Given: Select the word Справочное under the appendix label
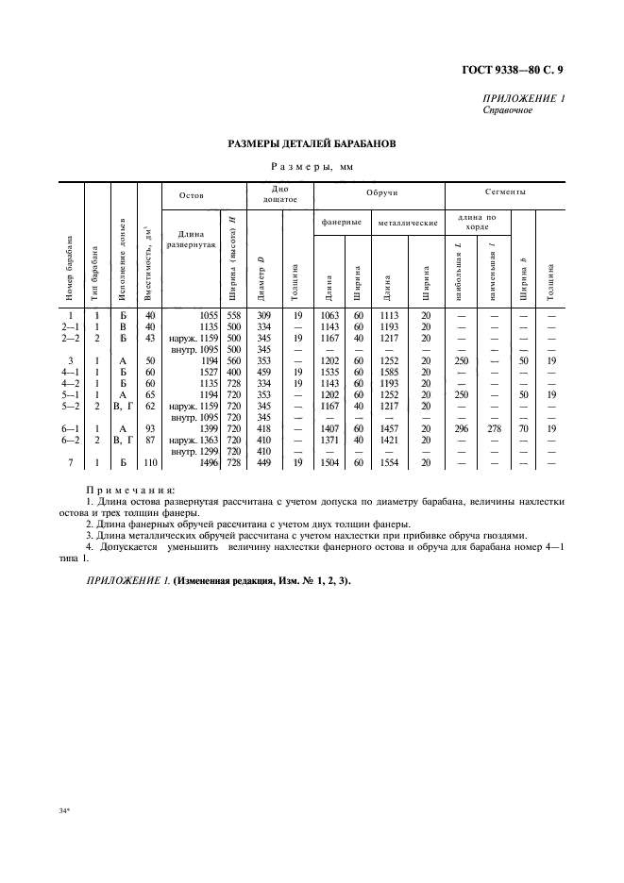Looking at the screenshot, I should pos(507,110).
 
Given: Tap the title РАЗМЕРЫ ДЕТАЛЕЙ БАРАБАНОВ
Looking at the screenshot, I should pos(312,144).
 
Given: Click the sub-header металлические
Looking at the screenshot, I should pos(408,224).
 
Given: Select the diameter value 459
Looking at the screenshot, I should pos(264,372).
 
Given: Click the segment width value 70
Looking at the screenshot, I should pos(522,428).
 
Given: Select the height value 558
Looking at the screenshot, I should pos(232,316).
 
